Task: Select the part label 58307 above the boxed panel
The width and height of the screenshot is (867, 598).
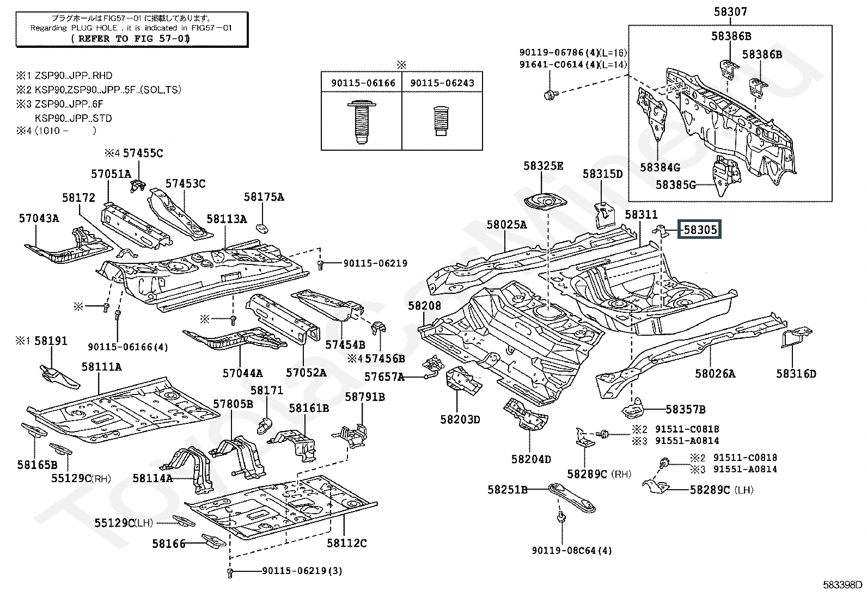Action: coord(730,11)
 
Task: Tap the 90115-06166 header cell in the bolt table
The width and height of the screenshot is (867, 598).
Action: coord(362,83)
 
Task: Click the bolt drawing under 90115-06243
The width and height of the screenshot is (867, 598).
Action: coord(441,123)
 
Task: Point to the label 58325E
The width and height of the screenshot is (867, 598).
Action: coord(543,166)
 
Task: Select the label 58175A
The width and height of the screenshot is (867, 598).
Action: coord(264,197)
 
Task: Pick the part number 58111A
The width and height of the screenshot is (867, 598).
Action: coord(101,367)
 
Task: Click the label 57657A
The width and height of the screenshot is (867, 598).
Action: coord(384,376)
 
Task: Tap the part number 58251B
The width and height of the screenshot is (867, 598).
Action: coord(508,490)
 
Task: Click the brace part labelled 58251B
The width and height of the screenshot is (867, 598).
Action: coord(572,497)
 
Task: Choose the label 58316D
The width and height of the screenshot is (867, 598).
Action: coord(796,373)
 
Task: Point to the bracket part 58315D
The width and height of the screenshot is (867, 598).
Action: coord(602,214)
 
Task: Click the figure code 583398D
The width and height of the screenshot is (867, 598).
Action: coord(842,585)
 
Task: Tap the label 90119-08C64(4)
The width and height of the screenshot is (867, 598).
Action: coord(572,550)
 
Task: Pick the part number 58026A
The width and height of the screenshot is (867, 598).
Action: coord(715,373)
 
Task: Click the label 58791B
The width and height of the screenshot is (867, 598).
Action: coord(364,397)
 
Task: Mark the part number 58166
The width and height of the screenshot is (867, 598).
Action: coord(169,543)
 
